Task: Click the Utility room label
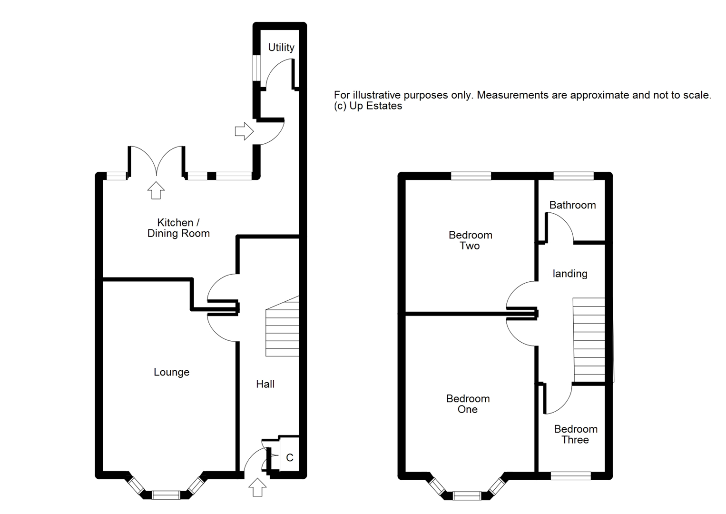pos(281,48)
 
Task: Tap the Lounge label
pos(171,372)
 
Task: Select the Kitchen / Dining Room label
pos(178,228)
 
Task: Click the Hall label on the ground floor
pos(265,384)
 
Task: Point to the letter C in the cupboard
pos(290,458)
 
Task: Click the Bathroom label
pos(572,205)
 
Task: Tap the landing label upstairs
pos(570,274)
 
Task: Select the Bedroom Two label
pos(470,240)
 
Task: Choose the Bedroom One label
pos(468,404)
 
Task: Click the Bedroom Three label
pos(576,435)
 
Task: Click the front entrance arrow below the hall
pos(257,487)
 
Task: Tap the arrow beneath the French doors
pos(156,190)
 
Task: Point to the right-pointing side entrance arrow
pos(244,131)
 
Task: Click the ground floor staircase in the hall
pos(282,326)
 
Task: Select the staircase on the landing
pos(589,340)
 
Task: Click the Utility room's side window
pos(256,68)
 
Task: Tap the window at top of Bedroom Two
pos(471,176)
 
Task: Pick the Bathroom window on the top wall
pos(574,176)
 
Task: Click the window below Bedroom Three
pos(571,476)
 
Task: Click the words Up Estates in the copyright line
pos(376,106)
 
